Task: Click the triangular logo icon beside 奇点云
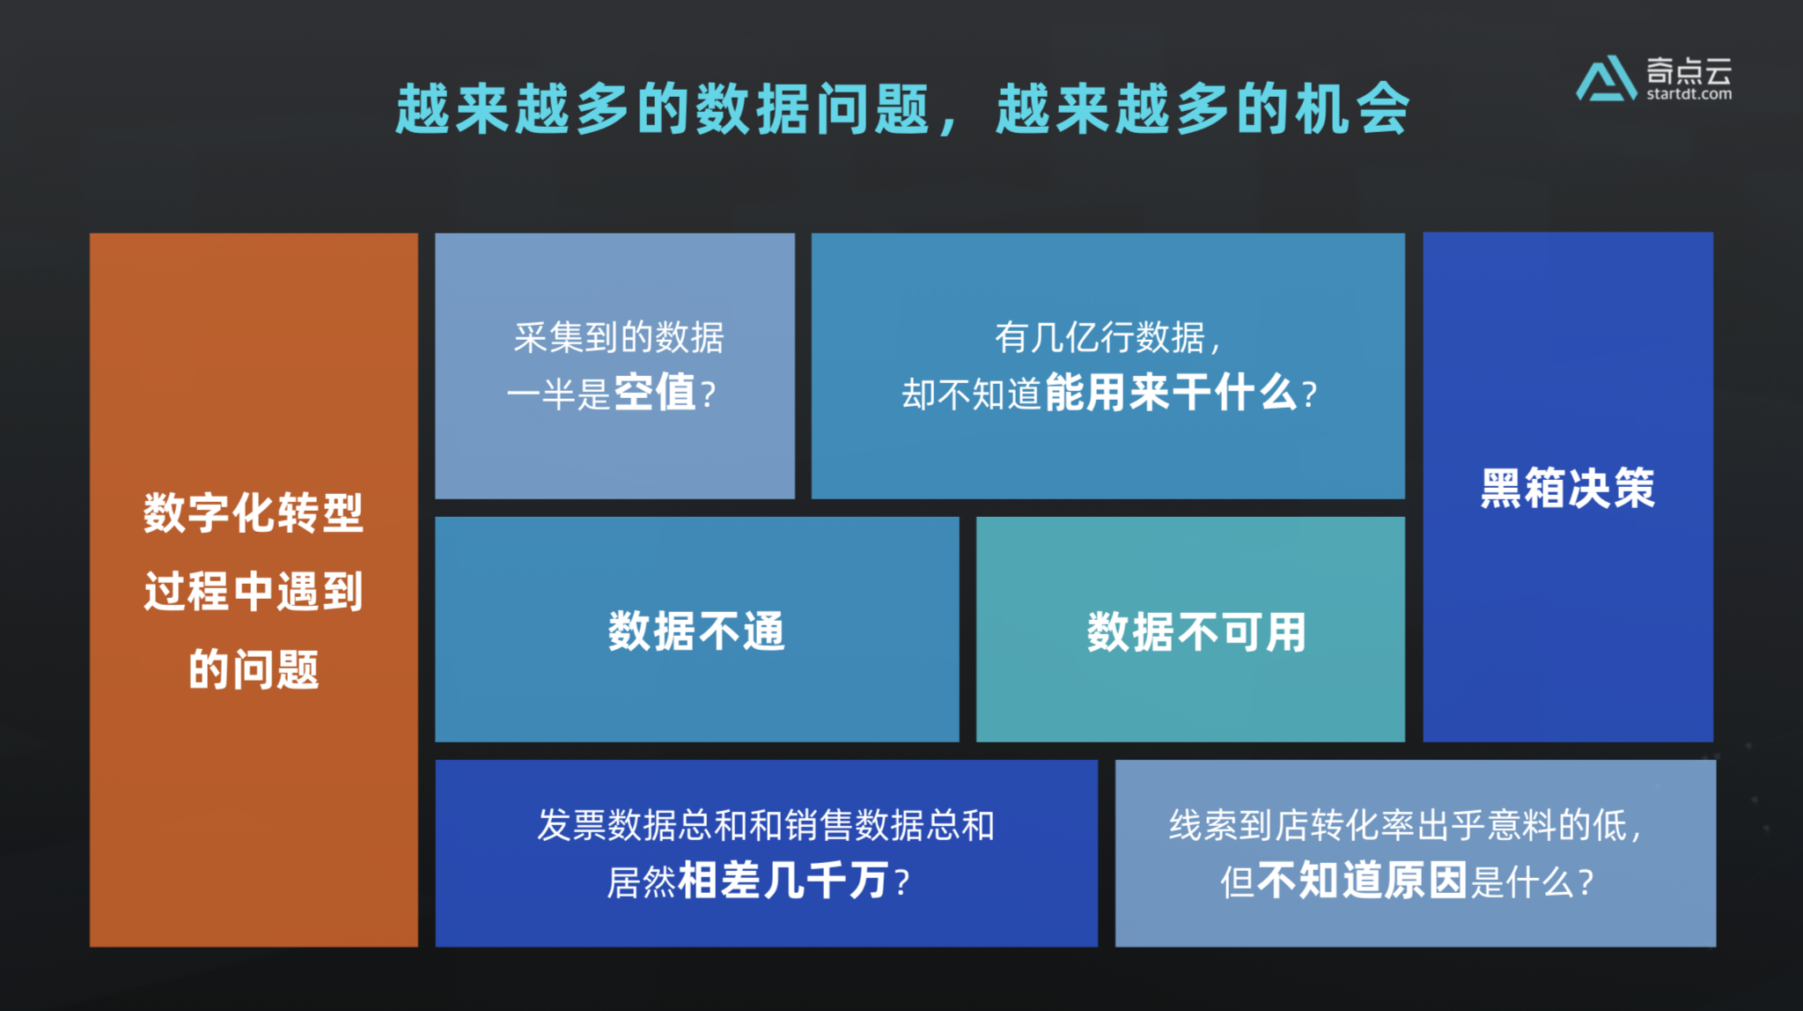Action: pyautogui.click(x=1607, y=78)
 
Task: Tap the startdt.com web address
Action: pyautogui.click(x=1689, y=94)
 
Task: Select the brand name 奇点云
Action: pyautogui.click(x=1689, y=70)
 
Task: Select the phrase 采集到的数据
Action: pyautogui.click(x=619, y=337)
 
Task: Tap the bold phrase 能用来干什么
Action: pyautogui.click(x=1170, y=393)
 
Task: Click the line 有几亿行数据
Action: pyautogui.click(x=1107, y=337)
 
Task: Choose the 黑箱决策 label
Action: pyautogui.click(x=1567, y=488)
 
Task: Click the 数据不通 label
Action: pyautogui.click(x=696, y=631)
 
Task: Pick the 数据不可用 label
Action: pyautogui.click(x=1196, y=632)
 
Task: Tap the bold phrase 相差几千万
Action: pyautogui.click(x=783, y=881)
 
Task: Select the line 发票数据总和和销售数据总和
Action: pyautogui.click(x=766, y=825)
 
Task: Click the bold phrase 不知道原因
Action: pyautogui.click(x=1363, y=881)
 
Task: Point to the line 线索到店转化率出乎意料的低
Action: pyautogui.click(x=1398, y=825)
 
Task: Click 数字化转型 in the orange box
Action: pyautogui.click(x=254, y=513)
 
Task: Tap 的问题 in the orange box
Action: pyautogui.click(x=254, y=669)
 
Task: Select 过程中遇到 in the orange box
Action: pyautogui.click(x=254, y=591)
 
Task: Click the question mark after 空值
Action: pyautogui.click(x=708, y=395)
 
